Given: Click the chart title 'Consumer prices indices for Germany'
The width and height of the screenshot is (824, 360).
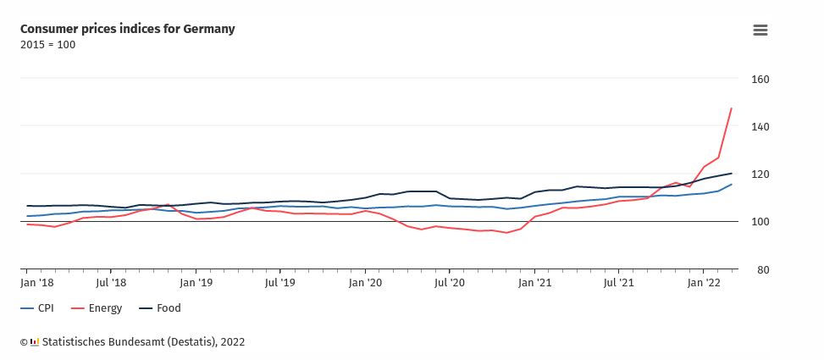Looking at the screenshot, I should [x=127, y=29].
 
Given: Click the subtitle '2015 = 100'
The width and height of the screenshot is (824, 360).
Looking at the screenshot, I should [x=47, y=45].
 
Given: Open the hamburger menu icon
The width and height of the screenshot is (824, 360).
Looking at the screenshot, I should [x=760, y=30].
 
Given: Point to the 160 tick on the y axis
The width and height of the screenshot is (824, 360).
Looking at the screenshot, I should [x=760, y=80].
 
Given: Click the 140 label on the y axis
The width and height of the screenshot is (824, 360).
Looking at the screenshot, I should [x=760, y=127].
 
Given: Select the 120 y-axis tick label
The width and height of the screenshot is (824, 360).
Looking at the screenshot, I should [x=760, y=174].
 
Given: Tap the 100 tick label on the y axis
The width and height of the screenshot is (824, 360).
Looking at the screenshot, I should [x=760, y=222].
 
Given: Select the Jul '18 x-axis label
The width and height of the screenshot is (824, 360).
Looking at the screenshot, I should [x=111, y=281].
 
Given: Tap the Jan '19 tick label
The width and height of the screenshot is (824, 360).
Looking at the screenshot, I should [x=196, y=281].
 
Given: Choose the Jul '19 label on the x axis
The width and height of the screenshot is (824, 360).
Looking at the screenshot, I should [x=280, y=281].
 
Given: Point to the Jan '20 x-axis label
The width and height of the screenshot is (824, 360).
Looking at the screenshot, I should [x=365, y=281].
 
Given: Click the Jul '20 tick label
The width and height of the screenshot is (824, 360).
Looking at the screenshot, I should [x=450, y=281].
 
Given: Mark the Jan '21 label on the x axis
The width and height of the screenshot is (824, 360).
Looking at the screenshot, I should [x=534, y=281].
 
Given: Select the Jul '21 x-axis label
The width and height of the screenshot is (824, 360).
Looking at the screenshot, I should [x=619, y=281].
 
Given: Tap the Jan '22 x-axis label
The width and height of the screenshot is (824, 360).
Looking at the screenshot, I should [x=704, y=281].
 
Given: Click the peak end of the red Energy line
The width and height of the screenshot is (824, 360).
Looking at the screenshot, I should [x=731, y=108].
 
